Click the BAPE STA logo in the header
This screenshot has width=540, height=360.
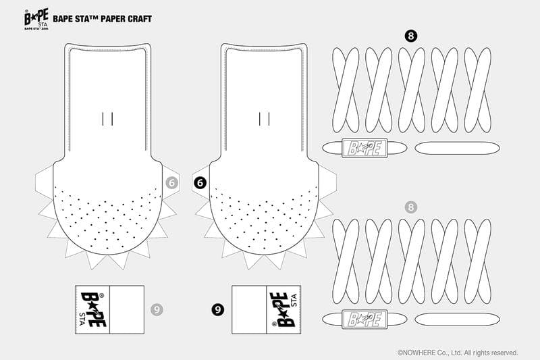[x=36, y=20]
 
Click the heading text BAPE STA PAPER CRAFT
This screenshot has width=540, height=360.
[x=103, y=19]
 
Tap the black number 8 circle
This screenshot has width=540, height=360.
[x=410, y=36]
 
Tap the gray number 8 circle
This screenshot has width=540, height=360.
[x=410, y=207]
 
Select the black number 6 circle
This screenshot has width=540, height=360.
[x=200, y=183]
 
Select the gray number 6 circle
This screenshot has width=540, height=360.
[x=172, y=183]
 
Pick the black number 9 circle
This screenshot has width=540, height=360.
[x=217, y=309]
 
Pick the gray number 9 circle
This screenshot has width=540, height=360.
[x=157, y=309]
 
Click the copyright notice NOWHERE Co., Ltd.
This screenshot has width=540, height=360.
[x=458, y=353]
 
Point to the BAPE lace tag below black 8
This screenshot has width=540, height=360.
[x=364, y=148]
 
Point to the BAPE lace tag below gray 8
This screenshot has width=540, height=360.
[x=364, y=319]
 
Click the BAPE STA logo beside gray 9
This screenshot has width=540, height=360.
[x=92, y=309]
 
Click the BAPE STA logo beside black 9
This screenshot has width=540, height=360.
[x=283, y=309]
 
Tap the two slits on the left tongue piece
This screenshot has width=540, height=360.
[x=107, y=118]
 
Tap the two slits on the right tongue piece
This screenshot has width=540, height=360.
[x=264, y=118]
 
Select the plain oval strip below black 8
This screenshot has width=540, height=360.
[x=458, y=148]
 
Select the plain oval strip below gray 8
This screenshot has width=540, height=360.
[x=458, y=319]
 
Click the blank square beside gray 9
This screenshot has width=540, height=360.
[x=127, y=309]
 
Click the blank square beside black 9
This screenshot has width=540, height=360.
[x=249, y=309]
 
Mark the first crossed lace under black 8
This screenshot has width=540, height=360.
[x=346, y=90]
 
